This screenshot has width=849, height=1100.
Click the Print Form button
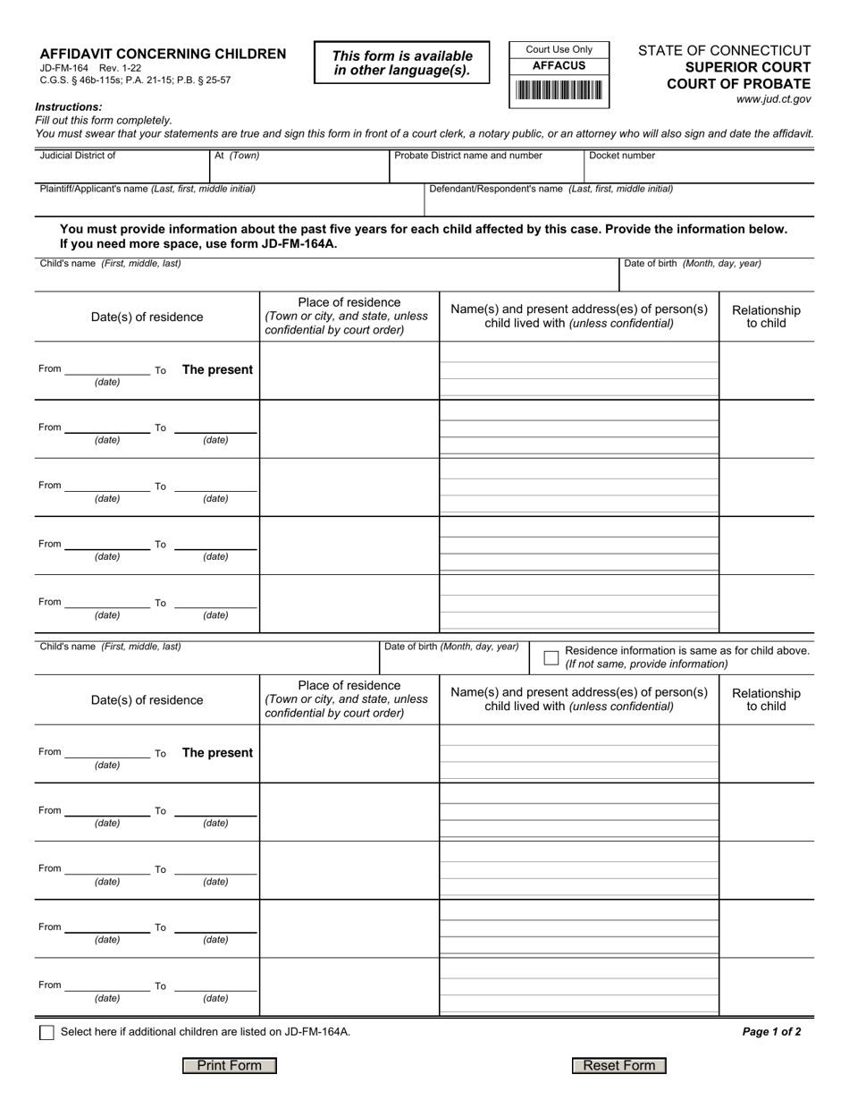(230, 1065)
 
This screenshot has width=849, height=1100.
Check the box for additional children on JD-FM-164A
(46, 1032)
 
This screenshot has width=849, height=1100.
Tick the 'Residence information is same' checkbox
(551, 657)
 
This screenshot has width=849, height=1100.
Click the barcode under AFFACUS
(559, 90)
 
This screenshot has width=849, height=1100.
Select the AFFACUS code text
(559, 66)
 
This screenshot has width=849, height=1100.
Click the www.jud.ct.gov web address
(773, 100)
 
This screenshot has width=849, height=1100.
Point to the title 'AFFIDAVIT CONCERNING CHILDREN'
(163, 54)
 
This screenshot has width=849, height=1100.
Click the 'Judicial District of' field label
(78, 156)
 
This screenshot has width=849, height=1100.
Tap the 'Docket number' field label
(622, 156)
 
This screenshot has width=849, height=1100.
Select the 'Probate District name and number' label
(468, 156)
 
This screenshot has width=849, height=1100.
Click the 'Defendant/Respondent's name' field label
(551, 189)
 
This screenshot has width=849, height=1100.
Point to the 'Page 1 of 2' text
(771, 1031)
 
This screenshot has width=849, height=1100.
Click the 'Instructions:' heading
(69, 107)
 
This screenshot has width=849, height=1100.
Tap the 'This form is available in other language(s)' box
(402, 63)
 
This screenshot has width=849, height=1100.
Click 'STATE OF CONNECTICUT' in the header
(724, 51)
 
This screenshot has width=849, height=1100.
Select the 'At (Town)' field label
(237, 156)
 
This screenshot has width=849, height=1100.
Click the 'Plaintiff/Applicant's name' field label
(147, 189)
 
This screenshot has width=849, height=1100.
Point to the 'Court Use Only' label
(559, 49)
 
